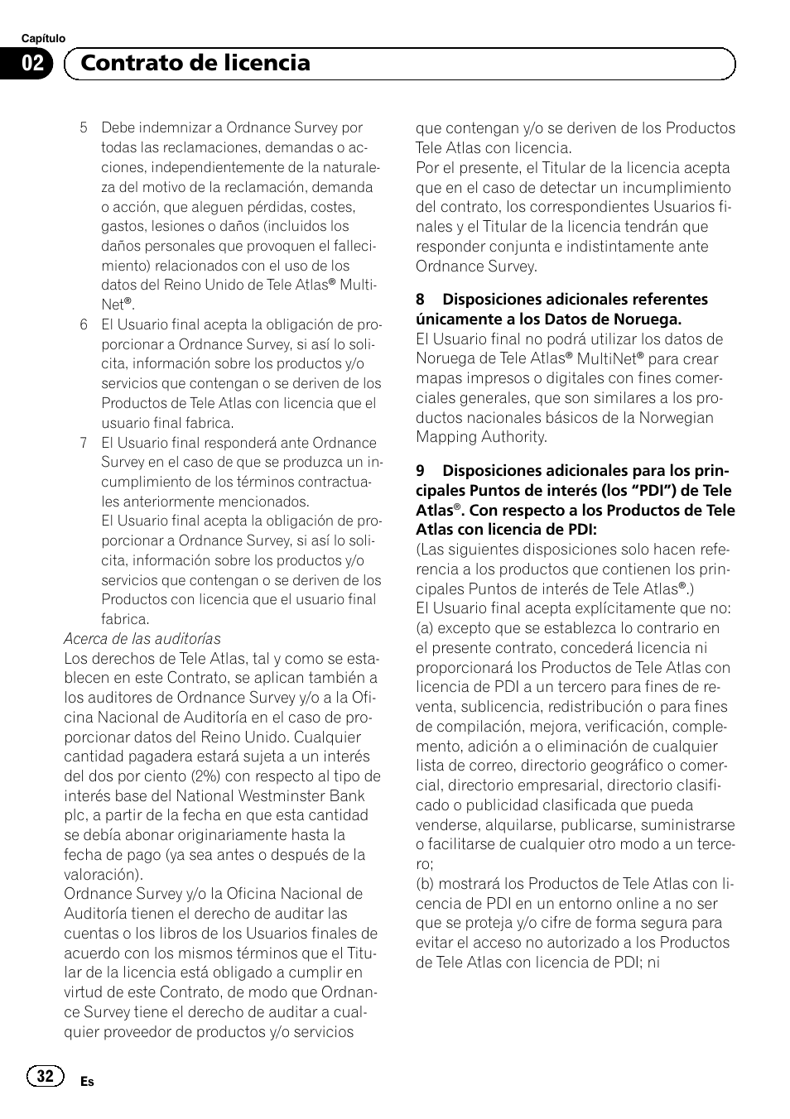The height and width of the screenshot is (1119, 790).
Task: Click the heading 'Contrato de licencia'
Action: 195,63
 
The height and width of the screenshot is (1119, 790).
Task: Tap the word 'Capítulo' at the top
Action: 43,39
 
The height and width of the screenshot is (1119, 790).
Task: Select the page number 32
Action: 45,1075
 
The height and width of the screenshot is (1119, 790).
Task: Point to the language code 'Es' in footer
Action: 87,1082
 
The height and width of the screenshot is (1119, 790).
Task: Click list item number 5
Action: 84,128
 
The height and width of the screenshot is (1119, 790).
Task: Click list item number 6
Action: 84,324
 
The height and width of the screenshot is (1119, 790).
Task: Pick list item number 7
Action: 84,443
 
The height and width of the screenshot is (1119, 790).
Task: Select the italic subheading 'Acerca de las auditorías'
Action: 142,639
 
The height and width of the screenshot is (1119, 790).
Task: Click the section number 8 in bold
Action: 421,300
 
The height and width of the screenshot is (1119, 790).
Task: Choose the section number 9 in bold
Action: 421,471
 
